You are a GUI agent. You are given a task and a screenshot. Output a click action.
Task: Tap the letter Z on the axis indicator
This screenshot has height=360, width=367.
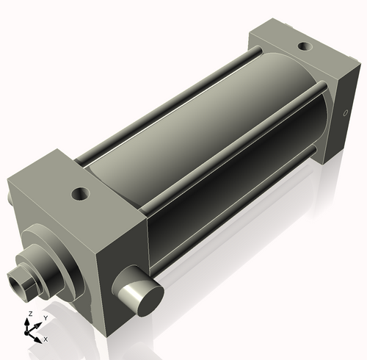coord(29,314)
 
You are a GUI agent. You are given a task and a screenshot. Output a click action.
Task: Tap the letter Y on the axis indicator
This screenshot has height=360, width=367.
coord(46,317)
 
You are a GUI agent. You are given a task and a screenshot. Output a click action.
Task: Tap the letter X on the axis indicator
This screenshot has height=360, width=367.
coord(46,339)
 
